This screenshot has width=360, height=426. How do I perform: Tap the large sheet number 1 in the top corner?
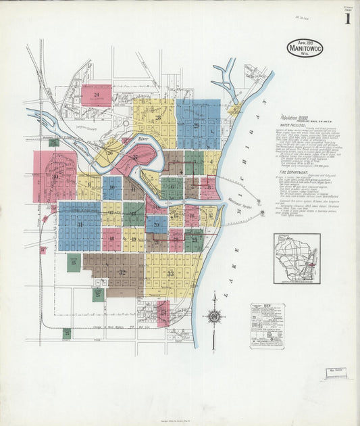click(x=347, y=18)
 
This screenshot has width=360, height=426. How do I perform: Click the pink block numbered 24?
click(x=97, y=95)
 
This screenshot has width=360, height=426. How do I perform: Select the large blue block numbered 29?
click(x=198, y=124)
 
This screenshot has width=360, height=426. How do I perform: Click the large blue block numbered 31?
click(x=79, y=225)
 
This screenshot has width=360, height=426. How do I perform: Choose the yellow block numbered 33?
click(x=170, y=274)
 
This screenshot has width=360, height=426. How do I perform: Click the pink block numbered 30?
click(x=55, y=176)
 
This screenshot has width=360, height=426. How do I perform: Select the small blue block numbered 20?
click(x=156, y=224)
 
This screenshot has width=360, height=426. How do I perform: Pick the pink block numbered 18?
click(x=111, y=239)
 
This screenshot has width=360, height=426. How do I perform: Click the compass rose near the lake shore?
click(x=214, y=316)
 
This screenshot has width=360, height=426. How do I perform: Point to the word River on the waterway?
click(x=142, y=138)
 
